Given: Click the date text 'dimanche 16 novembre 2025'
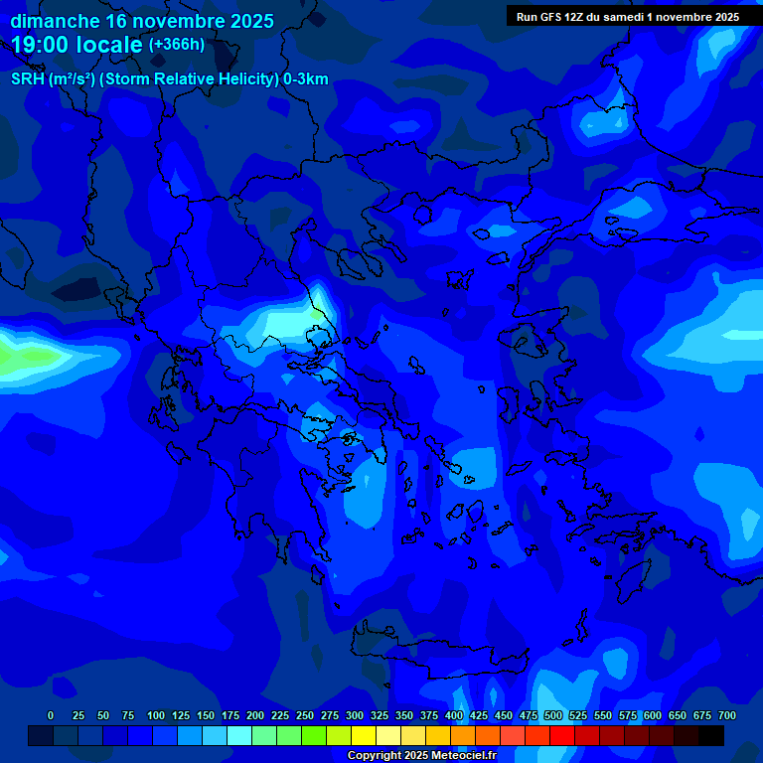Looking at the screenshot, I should pos(142,21).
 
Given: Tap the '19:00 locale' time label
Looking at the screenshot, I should pos(76,45).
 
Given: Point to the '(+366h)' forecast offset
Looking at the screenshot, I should pos(176,45).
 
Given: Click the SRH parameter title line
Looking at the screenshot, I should pos(169,79).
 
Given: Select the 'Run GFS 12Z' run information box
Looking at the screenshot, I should pos(627,17).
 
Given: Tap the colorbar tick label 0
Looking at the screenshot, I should pos(51,715).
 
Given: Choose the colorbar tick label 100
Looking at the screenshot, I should pos(155,715).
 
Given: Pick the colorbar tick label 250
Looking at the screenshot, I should pos(305,715).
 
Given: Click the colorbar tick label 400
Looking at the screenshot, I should pos(454,715).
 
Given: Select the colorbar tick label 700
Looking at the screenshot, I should pos(726,715).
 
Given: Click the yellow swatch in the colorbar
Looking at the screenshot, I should pos(364,735).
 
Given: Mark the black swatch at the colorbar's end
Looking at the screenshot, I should pos(711,735).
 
